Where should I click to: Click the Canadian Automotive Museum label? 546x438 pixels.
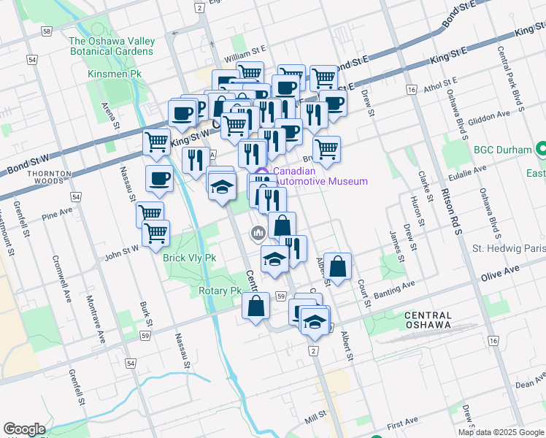[x=320, y=177]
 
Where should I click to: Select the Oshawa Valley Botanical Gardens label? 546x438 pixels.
[x=111, y=46]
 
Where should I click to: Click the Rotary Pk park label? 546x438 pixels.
[x=220, y=291]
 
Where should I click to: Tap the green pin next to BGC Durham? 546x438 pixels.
[x=542, y=150]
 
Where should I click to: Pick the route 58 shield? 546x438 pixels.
[x=47, y=32]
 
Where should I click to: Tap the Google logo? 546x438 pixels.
[x=24, y=429]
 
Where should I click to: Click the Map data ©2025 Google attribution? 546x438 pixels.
[x=500, y=432]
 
